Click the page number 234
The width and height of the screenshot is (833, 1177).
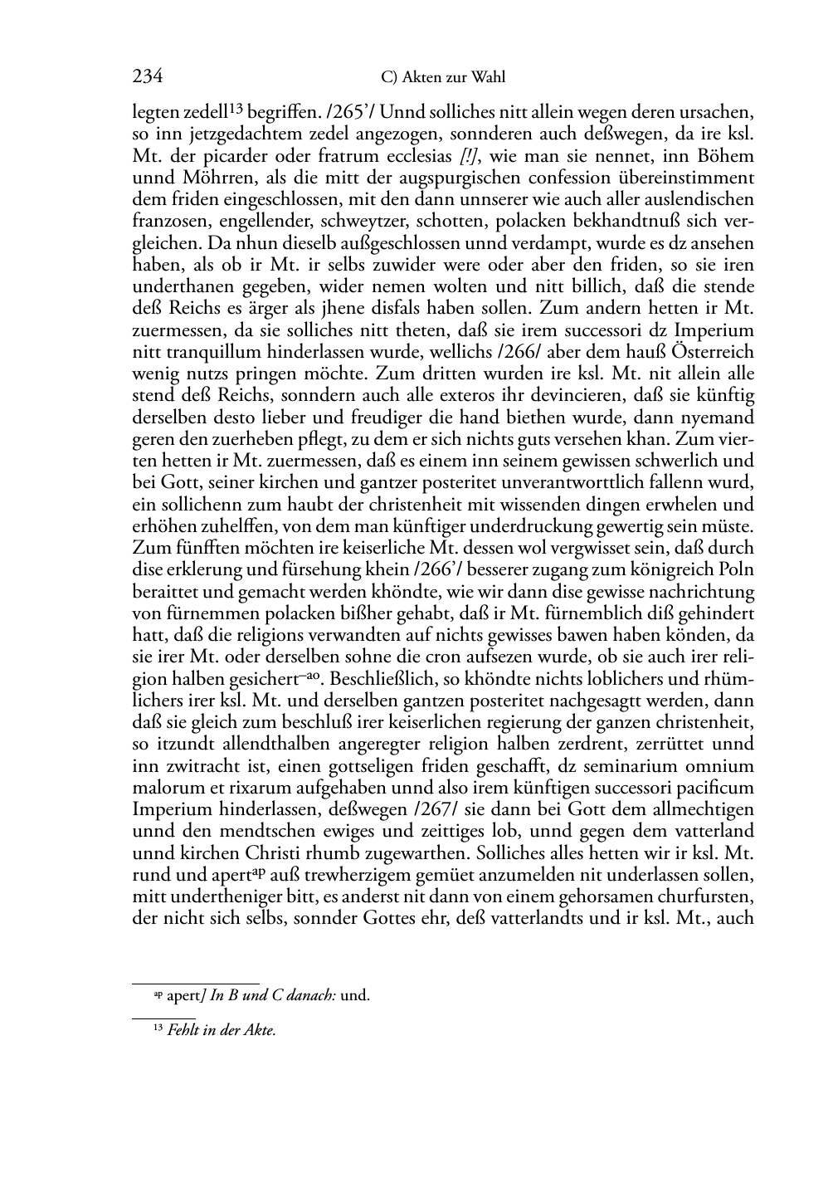tap(147, 77)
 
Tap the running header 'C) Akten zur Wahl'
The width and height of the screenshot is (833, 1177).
tap(442, 78)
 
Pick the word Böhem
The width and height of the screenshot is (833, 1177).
tap(725, 156)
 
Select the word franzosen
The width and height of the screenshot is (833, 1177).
tap(170, 222)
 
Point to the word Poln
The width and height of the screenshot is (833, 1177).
tap(735, 570)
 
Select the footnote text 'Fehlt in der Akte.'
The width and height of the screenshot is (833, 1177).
tap(221, 1031)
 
